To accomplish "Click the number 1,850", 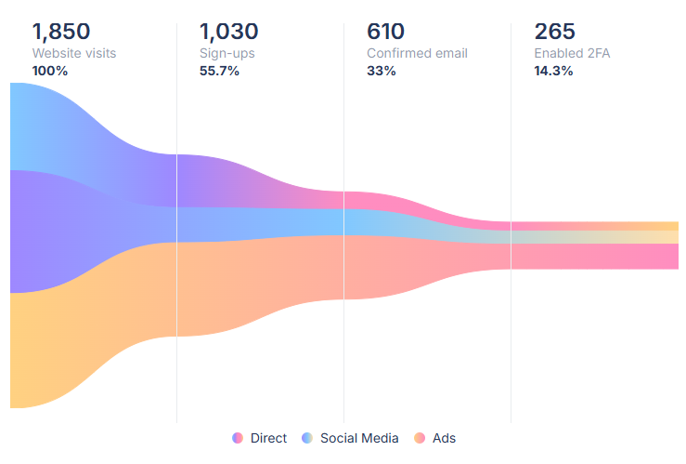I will pos(61,32).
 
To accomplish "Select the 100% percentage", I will pos(50,71).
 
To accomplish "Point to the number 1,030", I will pos(228,32).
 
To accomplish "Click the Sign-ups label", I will pos(227,53).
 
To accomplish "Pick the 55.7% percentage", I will pos(219,71).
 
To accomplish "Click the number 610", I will pos(386,32).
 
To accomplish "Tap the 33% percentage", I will pos(382,71).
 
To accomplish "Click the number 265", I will pos(554,32).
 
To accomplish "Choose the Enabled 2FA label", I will pos(572,53).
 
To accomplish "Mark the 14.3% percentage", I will pos(553,71).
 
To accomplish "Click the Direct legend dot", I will pos(238,438).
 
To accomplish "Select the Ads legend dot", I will pos(420,438).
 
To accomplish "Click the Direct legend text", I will pos(268,438).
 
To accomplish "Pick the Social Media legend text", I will pos(359,438).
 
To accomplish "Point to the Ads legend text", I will pos(444,438).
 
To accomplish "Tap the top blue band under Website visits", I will pos(46,126).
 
